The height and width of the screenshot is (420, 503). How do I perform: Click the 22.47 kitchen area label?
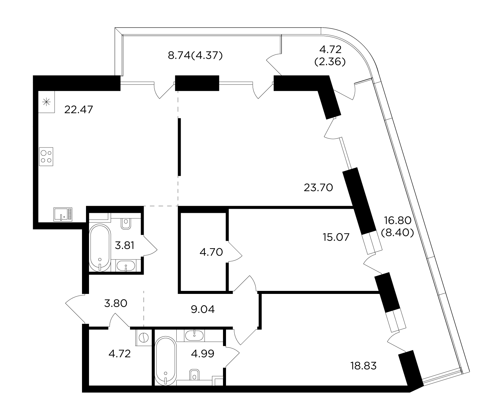(x=79, y=110)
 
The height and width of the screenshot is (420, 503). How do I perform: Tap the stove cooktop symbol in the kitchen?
(x=46, y=157)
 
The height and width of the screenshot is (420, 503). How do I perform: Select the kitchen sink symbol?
(x=63, y=215)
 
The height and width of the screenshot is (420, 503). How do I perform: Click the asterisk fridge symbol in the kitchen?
(x=46, y=102)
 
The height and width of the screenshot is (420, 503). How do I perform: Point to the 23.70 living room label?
(x=318, y=187)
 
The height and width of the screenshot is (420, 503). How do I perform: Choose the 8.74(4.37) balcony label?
(x=195, y=55)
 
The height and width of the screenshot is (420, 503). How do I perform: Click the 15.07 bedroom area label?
(x=336, y=237)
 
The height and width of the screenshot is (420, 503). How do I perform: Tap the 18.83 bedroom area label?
(x=363, y=366)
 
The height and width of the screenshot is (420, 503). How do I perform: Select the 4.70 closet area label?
(x=211, y=252)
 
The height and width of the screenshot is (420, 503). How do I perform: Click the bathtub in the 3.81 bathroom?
(x=100, y=248)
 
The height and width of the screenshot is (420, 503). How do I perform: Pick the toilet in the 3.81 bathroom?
(x=126, y=224)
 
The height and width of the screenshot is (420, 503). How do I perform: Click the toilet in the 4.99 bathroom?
(x=194, y=374)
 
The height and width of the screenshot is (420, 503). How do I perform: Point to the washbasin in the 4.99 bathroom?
(x=194, y=335)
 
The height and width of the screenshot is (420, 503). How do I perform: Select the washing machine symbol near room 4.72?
(x=144, y=338)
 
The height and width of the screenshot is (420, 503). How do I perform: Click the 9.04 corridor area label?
(x=203, y=309)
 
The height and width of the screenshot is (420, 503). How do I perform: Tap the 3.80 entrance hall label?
(x=116, y=303)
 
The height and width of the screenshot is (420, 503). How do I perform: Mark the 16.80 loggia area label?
(x=397, y=220)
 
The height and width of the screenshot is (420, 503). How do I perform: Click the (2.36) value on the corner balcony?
(x=330, y=62)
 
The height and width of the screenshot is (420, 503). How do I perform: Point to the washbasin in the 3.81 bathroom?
(x=126, y=266)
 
